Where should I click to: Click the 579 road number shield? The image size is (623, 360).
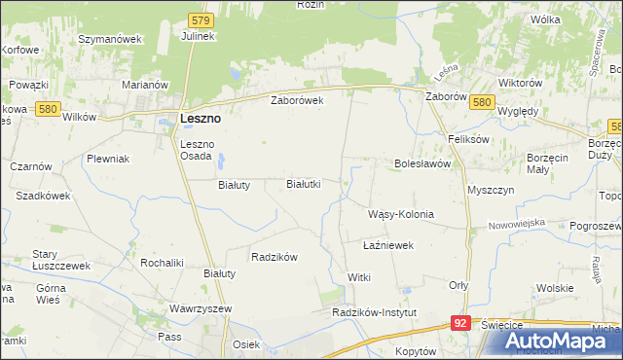pyautogui.click(x=201, y=19)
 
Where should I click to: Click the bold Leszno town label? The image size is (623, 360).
pyautogui.click(x=201, y=118)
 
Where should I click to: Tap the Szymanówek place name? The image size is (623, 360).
pyautogui.click(x=110, y=39)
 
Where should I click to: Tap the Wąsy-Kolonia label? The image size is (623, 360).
pyautogui.click(x=400, y=214)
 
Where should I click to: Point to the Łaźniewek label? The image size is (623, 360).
pyautogui.click(x=388, y=245)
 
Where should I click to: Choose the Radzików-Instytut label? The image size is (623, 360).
pyautogui.click(x=374, y=312)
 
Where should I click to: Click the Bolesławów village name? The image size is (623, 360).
pyautogui.click(x=421, y=163)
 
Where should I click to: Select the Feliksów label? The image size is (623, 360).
pyautogui.click(x=468, y=139)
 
